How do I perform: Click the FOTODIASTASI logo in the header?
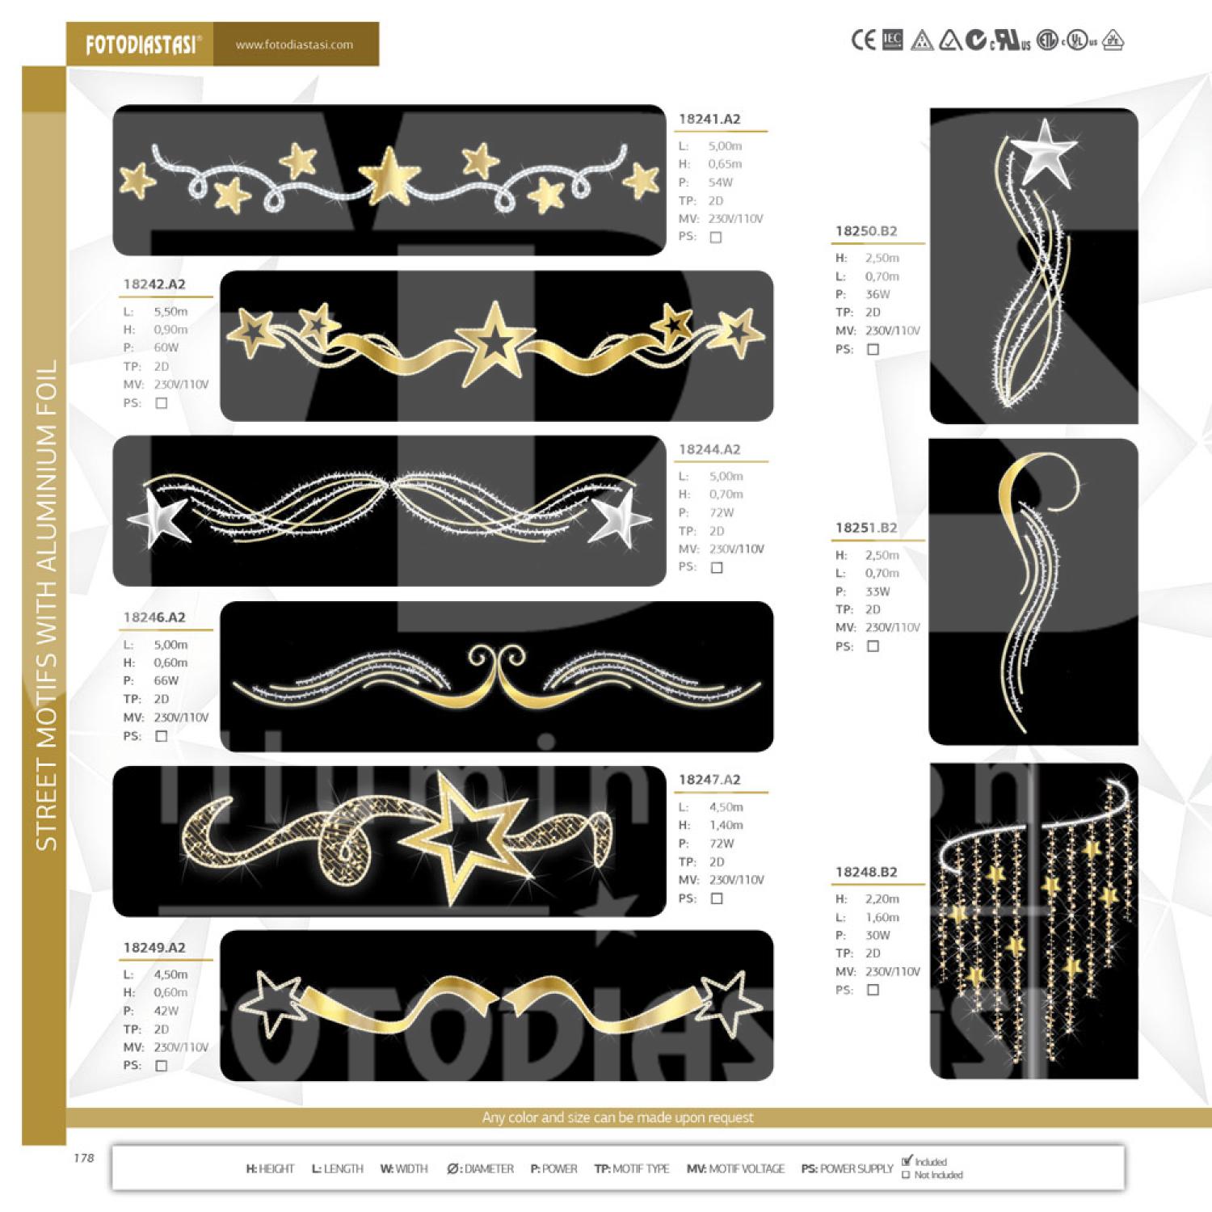click(x=141, y=44)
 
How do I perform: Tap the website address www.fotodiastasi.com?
click(x=294, y=45)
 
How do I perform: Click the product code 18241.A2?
click(x=709, y=119)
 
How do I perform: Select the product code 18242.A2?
click(x=154, y=284)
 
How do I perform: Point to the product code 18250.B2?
click(x=866, y=231)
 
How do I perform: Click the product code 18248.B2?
click(x=866, y=872)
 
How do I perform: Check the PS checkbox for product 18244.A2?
click(x=716, y=568)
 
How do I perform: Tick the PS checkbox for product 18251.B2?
click(x=873, y=646)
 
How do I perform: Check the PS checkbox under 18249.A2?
click(x=161, y=1066)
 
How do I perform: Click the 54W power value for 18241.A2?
click(x=720, y=183)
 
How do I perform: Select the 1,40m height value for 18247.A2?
click(x=726, y=825)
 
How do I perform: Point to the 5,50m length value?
click(x=170, y=312)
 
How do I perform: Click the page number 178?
click(x=84, y=1158)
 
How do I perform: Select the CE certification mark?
click(x=863, y=40)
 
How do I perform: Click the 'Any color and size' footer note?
click(x=617, y=1117)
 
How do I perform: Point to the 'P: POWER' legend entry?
click(x=553, y=1168)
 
